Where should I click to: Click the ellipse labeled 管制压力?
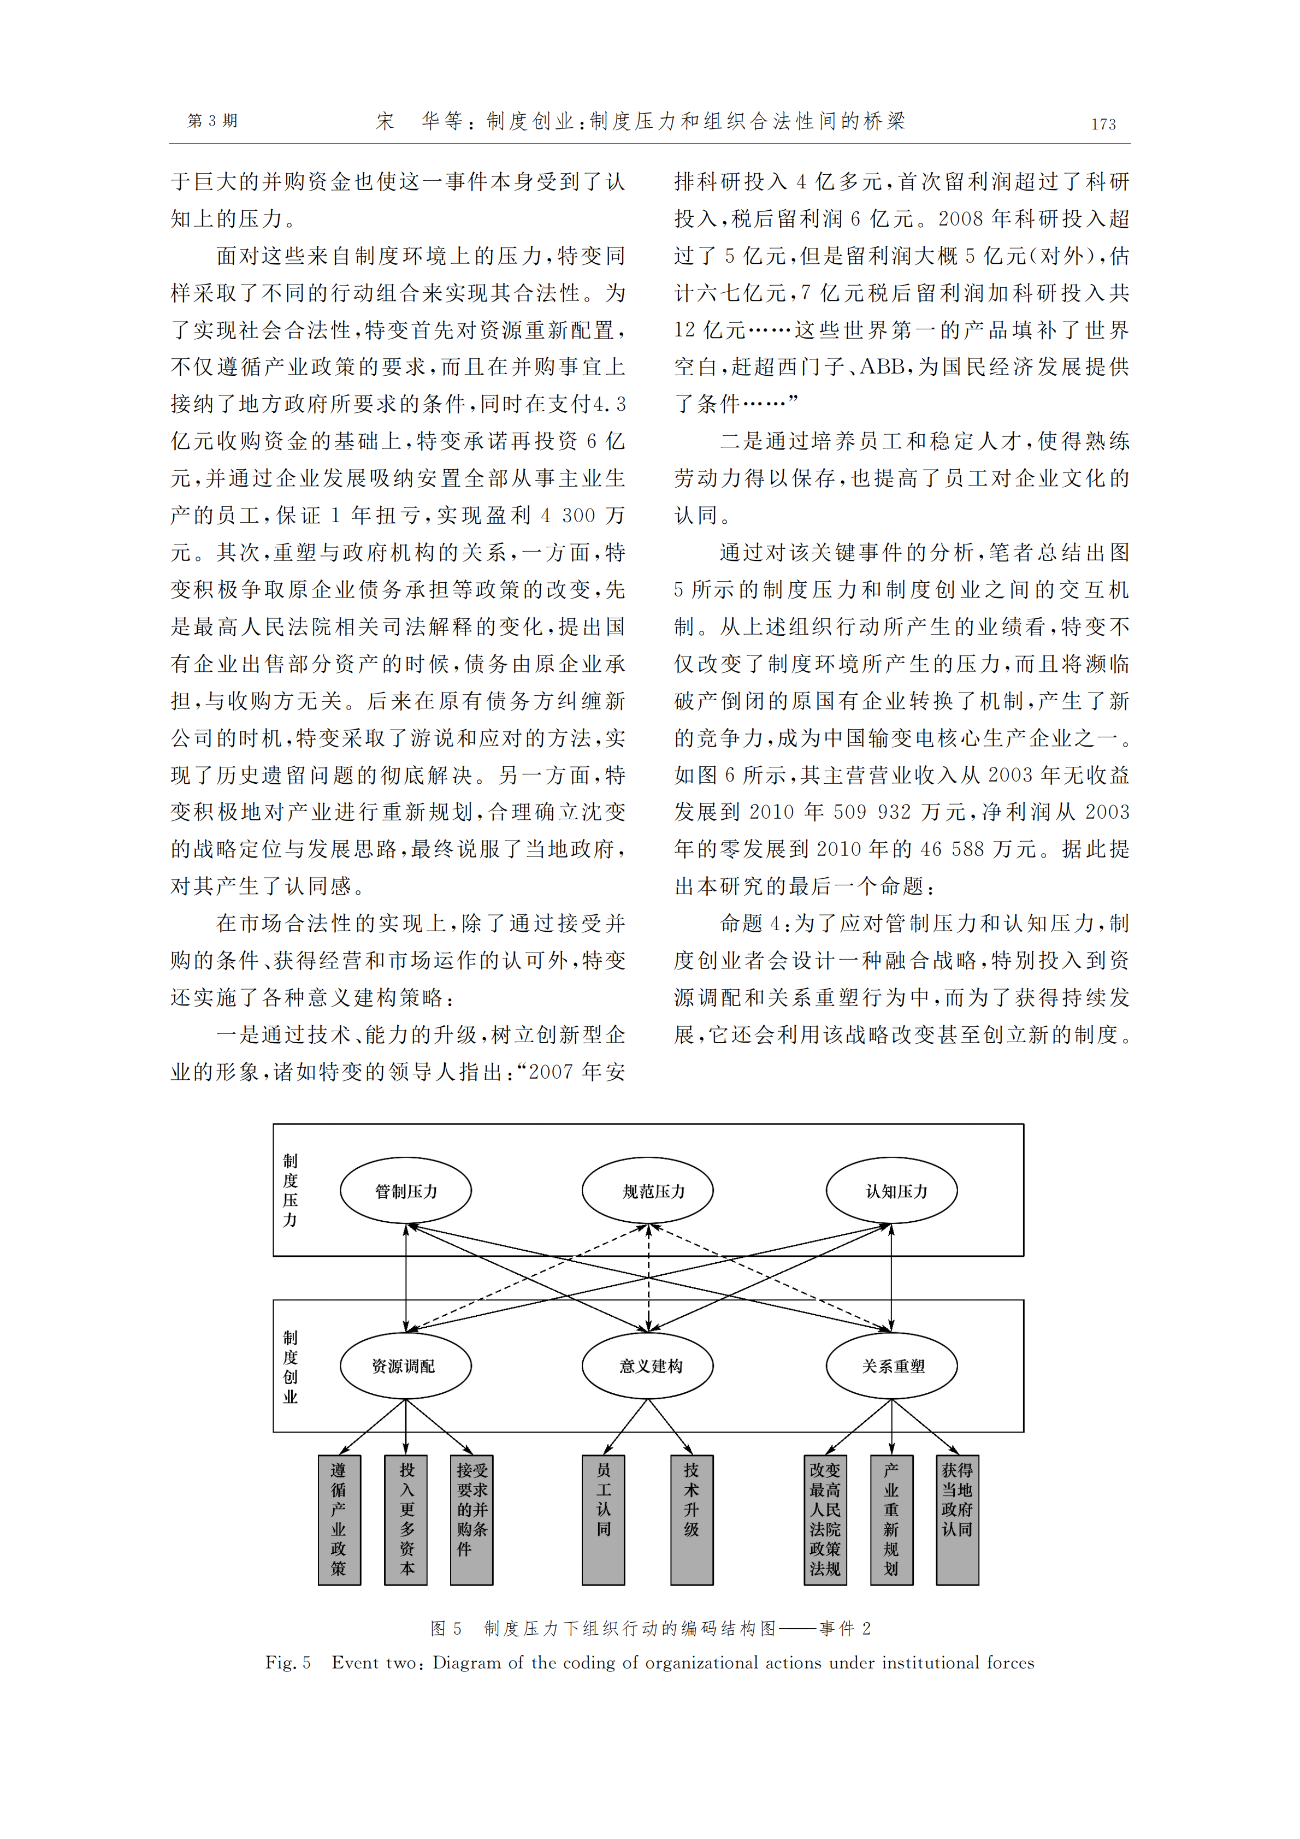tap(405, 1190)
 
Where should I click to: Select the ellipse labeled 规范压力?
tap(647, 1190)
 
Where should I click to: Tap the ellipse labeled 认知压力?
tap(891, 1190)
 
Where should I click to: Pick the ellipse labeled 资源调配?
tap(405, 1365)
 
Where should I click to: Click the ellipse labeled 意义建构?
tap(647, 1365)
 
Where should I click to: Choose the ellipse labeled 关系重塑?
tap(891, 1365)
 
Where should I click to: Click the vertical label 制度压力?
tap(290, 1190)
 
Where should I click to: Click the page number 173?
tap(1103, 124)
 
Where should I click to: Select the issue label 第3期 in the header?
tap(212, 121)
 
